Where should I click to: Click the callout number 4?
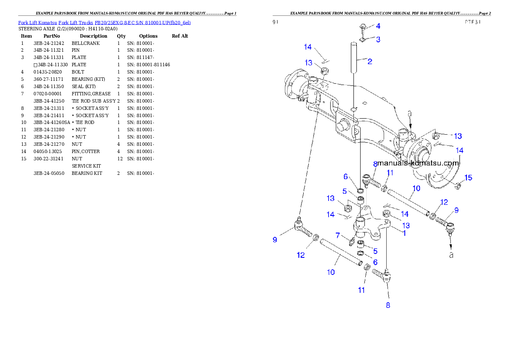(378, 26)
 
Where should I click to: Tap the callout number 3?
(378, 39)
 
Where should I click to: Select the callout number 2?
(370, 62)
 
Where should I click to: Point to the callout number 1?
(404, 233)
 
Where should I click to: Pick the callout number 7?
(338, 236)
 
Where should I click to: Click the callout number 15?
(468, 178)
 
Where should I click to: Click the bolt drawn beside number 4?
(361, 29)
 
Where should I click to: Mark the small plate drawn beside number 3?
(363, 41)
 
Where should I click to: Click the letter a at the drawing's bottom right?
(450, 255)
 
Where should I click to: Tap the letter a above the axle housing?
(410, 114)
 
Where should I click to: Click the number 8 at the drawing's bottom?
(388, 305)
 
